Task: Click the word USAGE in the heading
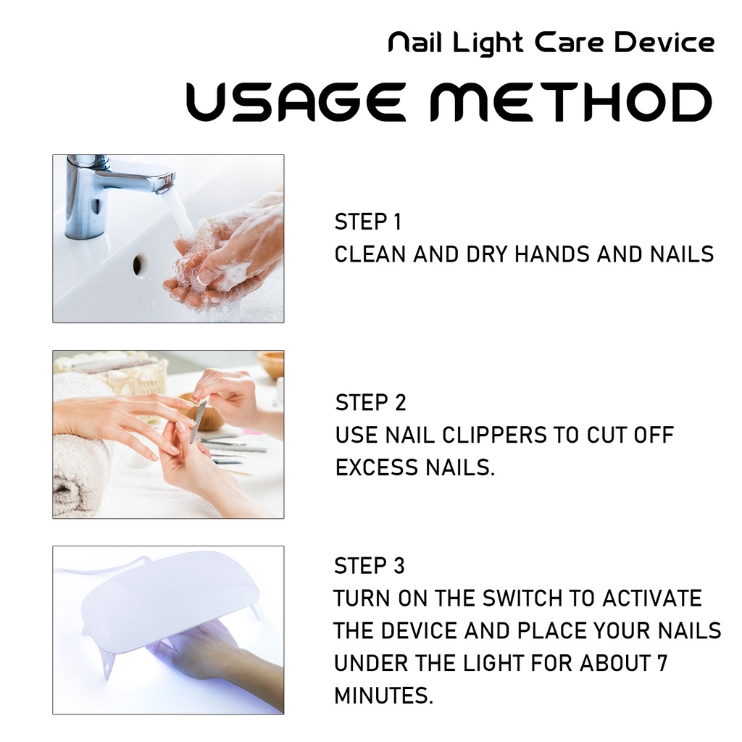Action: [296, 101]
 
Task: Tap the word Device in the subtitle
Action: [664, 42]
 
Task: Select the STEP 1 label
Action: [367, 222]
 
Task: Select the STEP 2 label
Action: [370, 403]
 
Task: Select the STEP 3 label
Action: [369, 565]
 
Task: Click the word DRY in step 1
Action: [487, 254]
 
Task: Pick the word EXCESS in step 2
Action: [377, 467]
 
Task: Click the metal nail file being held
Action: [198, 421]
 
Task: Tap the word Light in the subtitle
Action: [488, 43]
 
